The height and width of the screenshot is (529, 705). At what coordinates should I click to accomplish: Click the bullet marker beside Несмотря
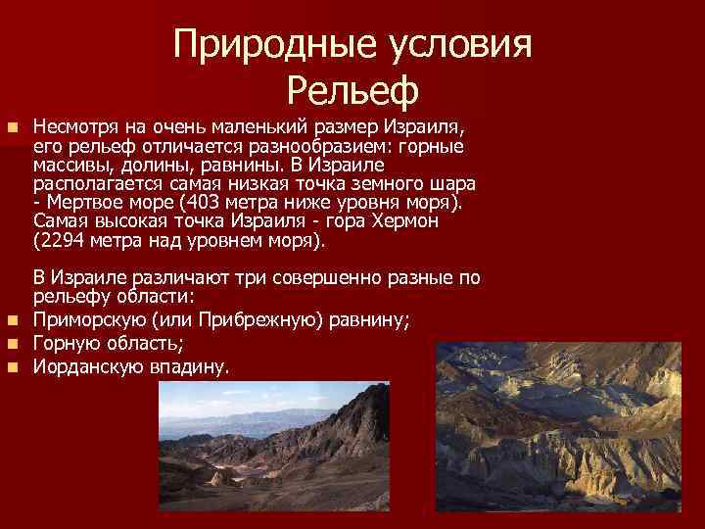[x=11, y=128]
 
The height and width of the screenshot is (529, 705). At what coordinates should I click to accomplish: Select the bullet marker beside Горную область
[x=11, y=343]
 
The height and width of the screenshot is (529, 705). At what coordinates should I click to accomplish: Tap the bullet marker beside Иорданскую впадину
[x=11, y=367]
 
